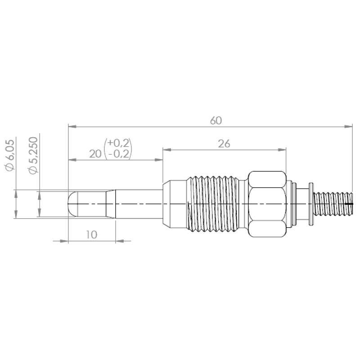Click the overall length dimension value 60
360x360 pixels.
(216, 121)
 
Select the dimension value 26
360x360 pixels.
(224, 144)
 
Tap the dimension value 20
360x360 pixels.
(95, 154)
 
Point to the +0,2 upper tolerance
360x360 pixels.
(118, 143)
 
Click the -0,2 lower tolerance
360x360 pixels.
(119, 154)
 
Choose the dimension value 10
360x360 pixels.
(92, 234)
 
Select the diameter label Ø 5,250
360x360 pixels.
(33, 156)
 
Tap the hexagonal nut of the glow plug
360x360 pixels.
(267, 204)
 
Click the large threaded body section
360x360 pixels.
(213, 204)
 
